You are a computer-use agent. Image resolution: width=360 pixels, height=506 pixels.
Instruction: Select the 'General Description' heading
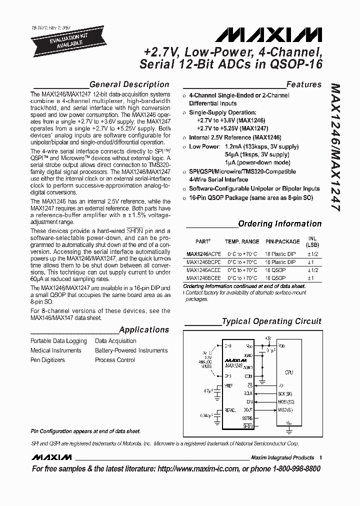coord(129,84)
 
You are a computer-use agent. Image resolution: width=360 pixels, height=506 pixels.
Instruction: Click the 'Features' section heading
coord(303,84)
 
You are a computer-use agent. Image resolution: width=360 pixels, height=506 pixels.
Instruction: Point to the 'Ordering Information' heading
coord(279,224)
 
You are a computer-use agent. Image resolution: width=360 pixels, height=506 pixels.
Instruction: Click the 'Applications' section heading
coord(144,330)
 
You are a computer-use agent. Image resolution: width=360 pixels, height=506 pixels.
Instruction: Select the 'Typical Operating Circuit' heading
coord(271,321)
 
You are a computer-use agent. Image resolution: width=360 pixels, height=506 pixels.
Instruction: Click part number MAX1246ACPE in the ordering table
coord(202,253)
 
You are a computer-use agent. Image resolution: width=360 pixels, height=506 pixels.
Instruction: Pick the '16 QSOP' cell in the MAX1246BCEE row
coord(275,278)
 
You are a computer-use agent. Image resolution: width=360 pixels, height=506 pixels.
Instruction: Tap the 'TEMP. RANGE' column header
coord(242,241)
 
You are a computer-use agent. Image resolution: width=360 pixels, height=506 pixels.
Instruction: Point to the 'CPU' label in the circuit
coord(289,372)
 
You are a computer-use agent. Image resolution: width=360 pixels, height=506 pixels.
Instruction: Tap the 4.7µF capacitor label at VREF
coord(204,390)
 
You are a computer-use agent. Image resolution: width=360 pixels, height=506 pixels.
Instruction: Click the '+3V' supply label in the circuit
coord(267,338)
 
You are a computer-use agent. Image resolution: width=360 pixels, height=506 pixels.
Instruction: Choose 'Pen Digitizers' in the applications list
coord(48,360)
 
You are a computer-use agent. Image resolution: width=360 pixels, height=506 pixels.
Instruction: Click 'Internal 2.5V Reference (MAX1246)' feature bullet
coord(234,137)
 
